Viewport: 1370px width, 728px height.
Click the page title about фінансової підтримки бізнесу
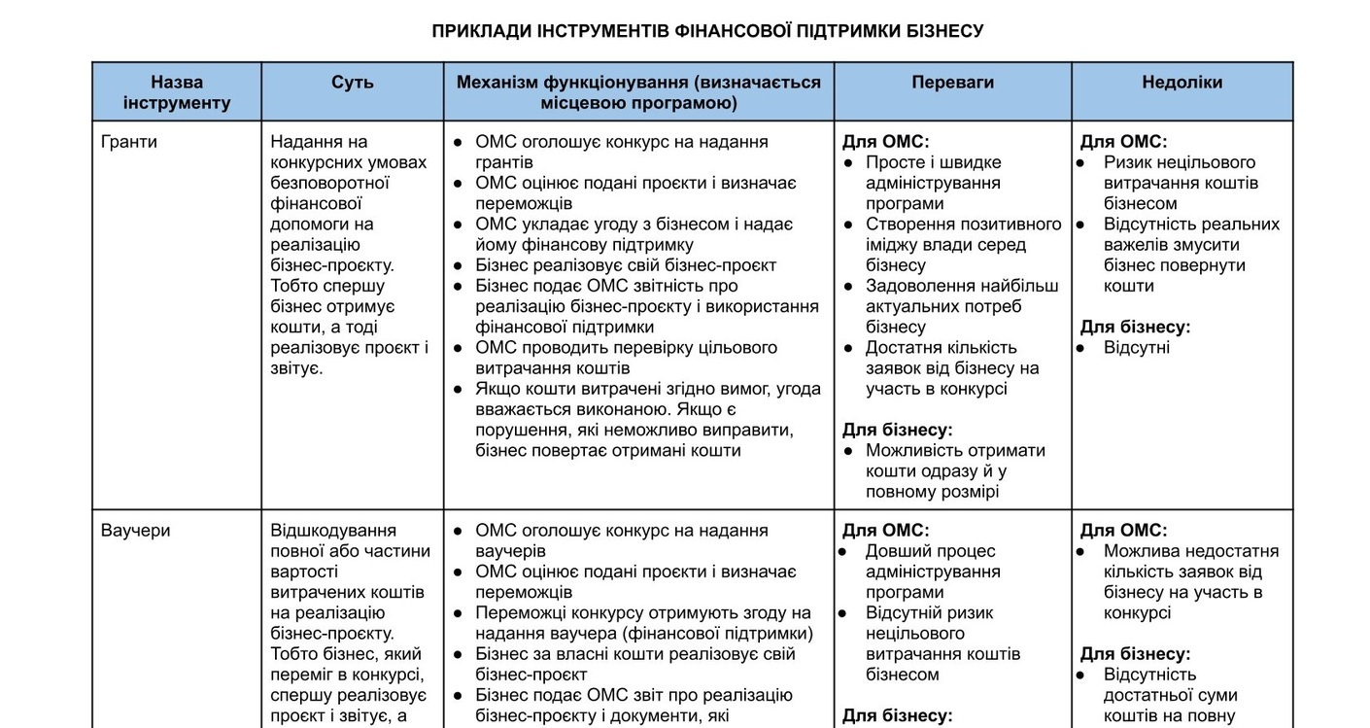[707, 31]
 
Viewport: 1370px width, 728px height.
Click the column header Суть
[352, 83]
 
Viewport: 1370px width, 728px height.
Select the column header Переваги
[952, 83]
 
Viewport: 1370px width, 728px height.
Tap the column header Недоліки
[1182, 83]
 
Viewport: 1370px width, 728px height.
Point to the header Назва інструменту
[177, 92]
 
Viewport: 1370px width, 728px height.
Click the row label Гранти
[129, 142]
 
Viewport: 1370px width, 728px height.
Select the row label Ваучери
[135, 531]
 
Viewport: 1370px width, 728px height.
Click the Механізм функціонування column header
[638, 92]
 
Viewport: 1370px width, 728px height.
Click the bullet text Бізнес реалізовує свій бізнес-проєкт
[626, 265]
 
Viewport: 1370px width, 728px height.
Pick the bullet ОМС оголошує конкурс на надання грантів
[622, 152]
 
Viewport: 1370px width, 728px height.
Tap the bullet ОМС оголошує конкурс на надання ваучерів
[622, 540]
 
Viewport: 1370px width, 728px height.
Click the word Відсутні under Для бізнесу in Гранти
[1137, 348]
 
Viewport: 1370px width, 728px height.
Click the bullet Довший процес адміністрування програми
[933, 572]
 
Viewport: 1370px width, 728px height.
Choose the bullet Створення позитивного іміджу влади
[962, 245]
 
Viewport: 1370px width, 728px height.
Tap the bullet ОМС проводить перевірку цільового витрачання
[627, 358]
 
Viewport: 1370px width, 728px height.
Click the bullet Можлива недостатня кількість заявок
[1190, 581]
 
